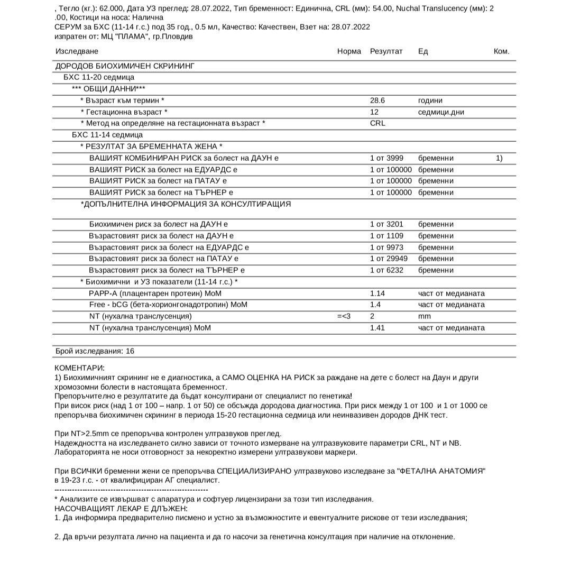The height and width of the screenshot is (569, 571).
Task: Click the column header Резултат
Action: (x=386, y=51)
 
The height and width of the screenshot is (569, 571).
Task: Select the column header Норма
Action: (x=349, y=51)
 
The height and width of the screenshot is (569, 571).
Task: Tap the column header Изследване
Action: (x=77, y=51)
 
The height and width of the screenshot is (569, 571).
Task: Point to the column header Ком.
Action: (x=501, y=51)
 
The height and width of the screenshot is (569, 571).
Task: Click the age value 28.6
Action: (x=377, y=100)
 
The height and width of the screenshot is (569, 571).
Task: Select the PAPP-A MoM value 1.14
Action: (x=377, y=293)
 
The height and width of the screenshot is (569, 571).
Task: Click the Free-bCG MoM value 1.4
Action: (x=375, y=305)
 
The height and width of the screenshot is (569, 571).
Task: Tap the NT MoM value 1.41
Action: (x=377, y=328)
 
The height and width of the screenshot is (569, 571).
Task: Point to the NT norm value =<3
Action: (x=344, y=316)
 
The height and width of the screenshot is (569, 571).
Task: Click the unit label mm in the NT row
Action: (x=424, y=316)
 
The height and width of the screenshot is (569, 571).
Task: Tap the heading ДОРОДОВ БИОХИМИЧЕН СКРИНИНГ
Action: (x=125, y=66)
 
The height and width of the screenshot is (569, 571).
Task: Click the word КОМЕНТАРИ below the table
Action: (x=80, y=368)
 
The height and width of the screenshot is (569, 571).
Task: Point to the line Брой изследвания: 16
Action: (x=95, y=351)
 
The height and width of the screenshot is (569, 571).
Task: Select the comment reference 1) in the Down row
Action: (x=499, y=158)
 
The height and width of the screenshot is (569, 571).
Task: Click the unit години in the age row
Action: (x=430, y=100)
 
